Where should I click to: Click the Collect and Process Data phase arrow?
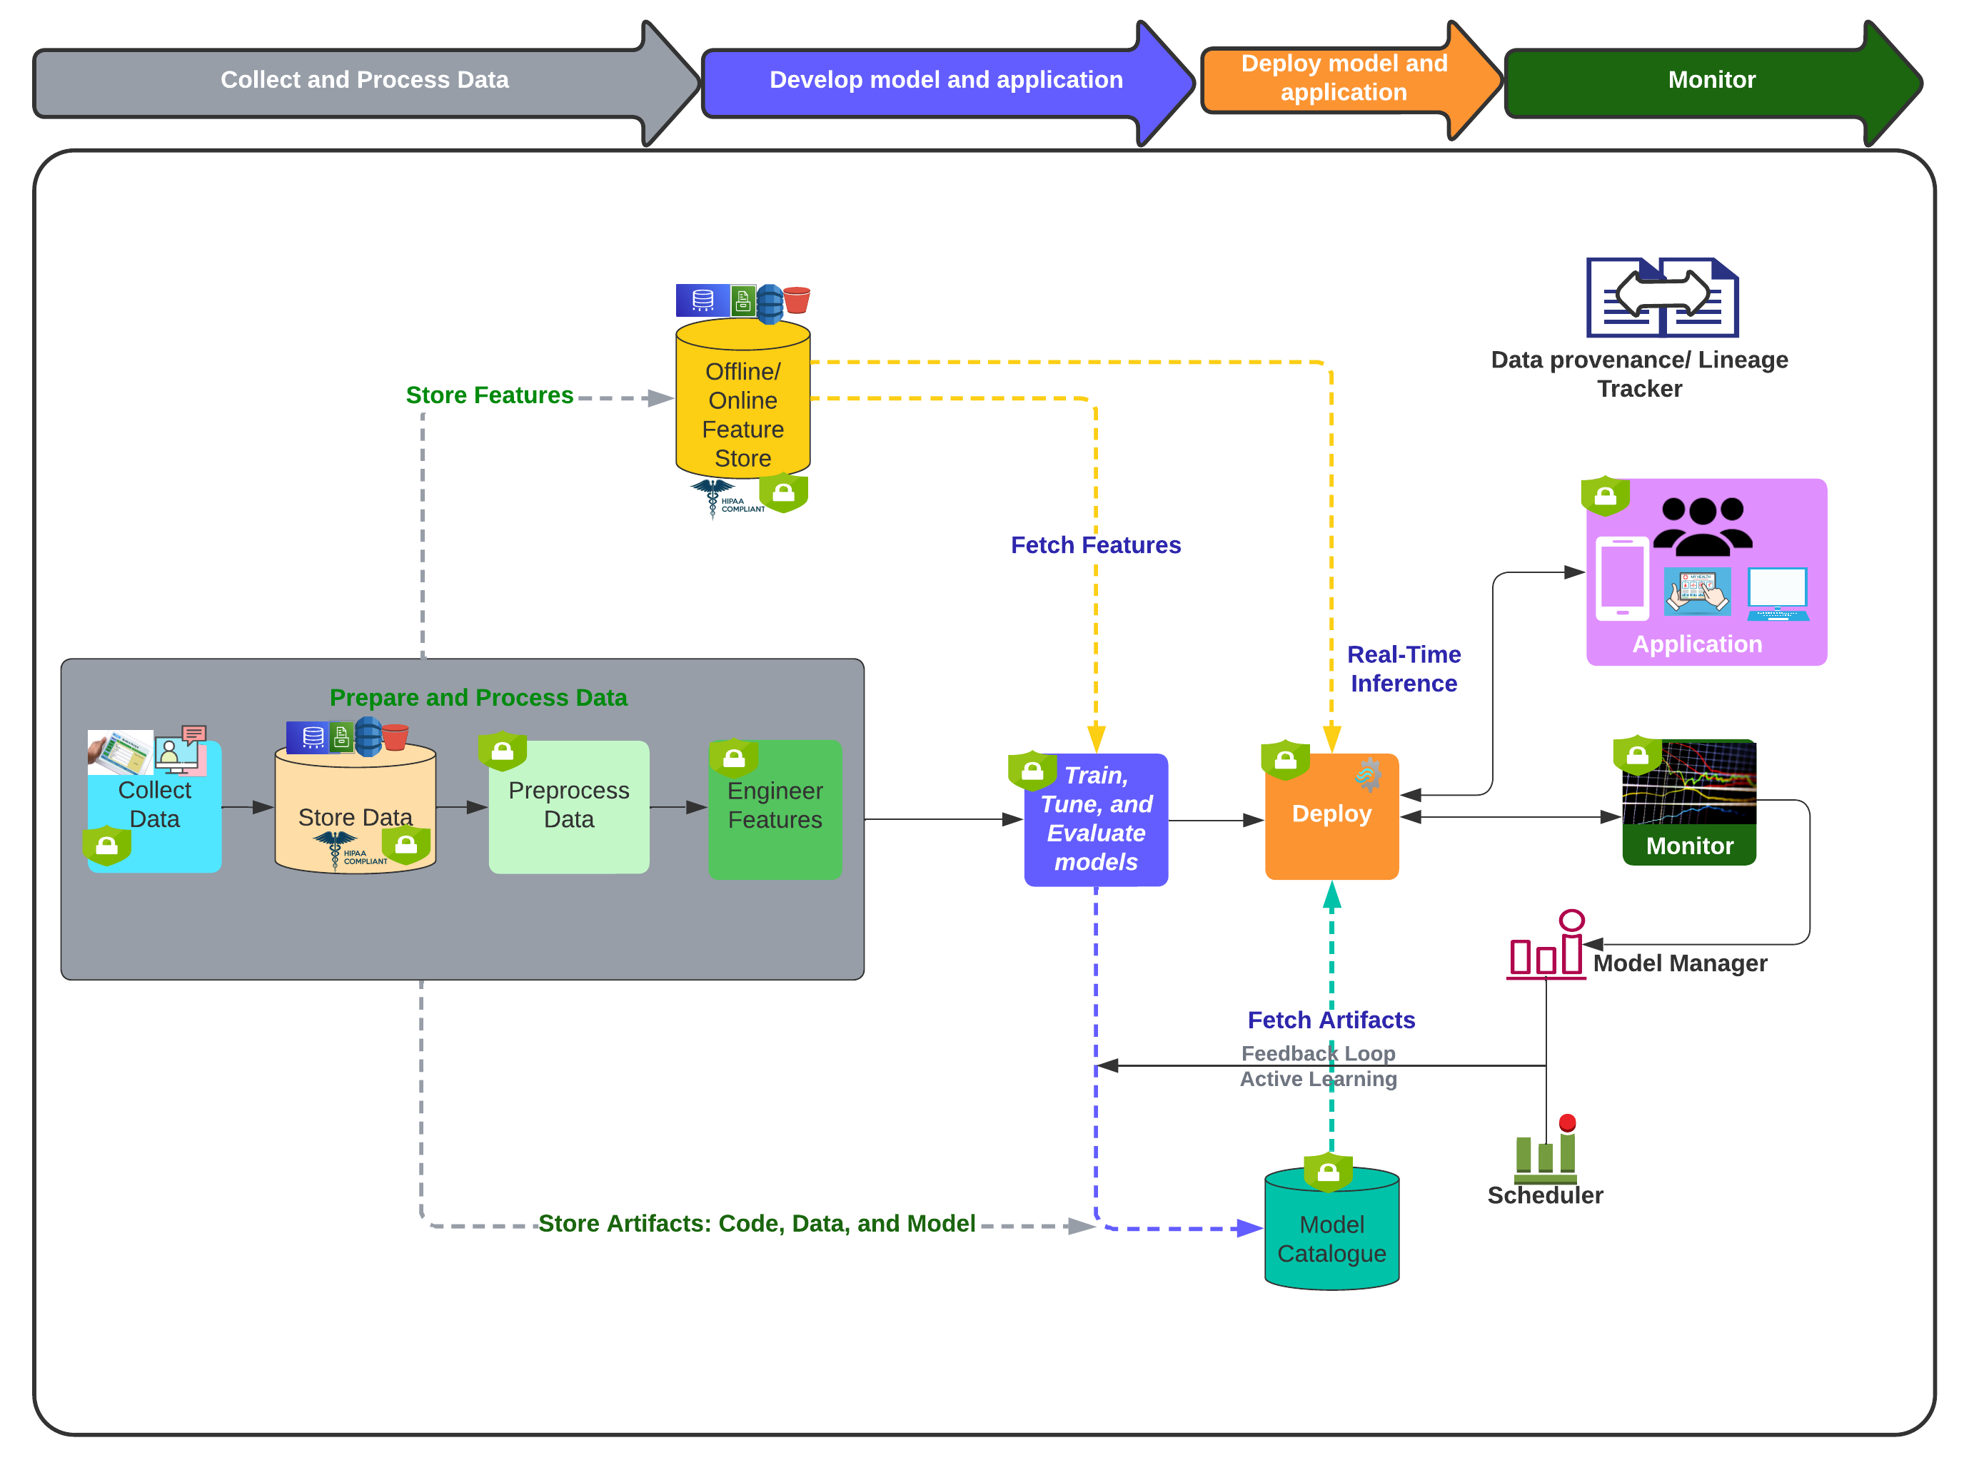click(363, 81)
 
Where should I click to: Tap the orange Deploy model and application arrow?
click(1343, 79)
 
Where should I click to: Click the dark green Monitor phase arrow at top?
click(1711, 81)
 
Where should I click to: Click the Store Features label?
click(489, 395)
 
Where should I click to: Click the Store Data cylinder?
click(355, 811)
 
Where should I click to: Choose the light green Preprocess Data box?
click(568, 807)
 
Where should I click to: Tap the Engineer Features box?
click(775, 808)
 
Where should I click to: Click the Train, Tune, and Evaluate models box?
click(1096, 819)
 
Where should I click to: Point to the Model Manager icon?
click(1546, 947)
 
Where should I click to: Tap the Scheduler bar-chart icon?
click(1546, 1151)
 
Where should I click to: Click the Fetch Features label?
click(1096, 545)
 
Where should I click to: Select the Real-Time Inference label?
click(1404, 669)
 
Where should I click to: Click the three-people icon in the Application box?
click(1701, 526)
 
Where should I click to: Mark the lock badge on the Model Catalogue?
click(1328, 1173)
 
